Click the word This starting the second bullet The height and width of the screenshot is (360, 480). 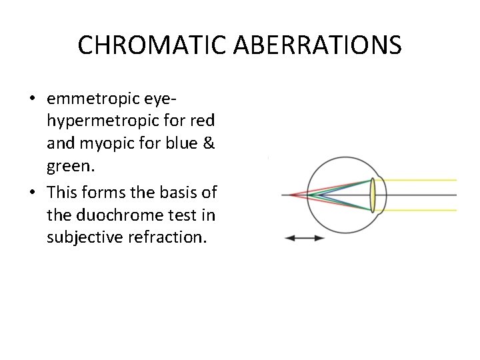(x=63, y=193)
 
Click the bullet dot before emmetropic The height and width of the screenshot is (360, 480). (x=33, y=100)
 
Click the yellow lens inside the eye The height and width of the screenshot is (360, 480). (x=373, y=195)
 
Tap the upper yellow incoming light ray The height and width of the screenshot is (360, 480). (x=420, y=180)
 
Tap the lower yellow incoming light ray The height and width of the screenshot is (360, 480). (x=420, y=211)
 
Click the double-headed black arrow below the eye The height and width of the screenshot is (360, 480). (x=304, y=238)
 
